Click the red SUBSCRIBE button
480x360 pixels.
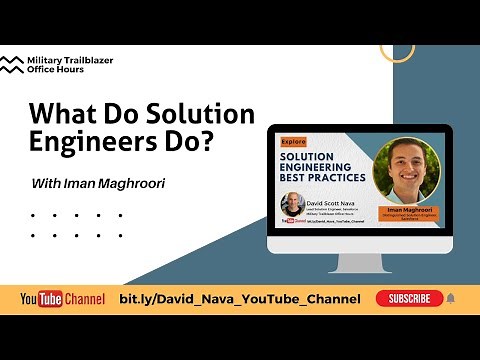(409, 298)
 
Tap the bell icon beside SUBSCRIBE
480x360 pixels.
(450, 298)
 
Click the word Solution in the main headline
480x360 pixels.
(199, 114)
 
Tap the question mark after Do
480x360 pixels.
(207, 141)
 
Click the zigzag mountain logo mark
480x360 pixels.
(14, 66)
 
